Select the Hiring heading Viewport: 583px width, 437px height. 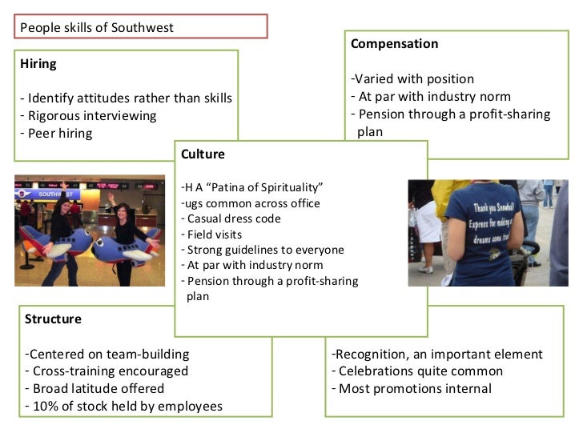pos(38,63)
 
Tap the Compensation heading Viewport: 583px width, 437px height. pos(394,43)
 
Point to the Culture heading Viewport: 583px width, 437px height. pos(203,154)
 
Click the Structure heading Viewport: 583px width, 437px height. pos(53,319)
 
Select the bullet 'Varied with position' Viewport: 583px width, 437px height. pos(412,78)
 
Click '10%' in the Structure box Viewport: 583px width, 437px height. pos(46,407)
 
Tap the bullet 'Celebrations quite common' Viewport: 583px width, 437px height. pos(416,371)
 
